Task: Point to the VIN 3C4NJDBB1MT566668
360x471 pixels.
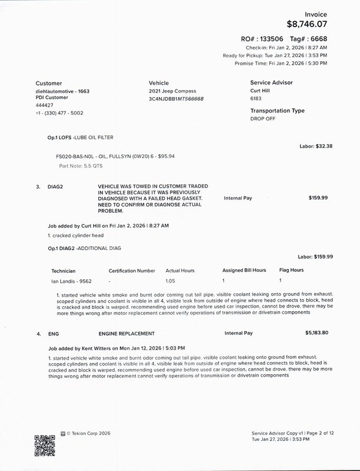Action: click(177, 98)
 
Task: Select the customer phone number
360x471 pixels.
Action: click(60, 113)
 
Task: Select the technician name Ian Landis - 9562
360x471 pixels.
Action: click(73, 281)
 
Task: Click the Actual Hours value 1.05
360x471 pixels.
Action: click(171, 281)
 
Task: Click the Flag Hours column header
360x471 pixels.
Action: click(291, 271)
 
